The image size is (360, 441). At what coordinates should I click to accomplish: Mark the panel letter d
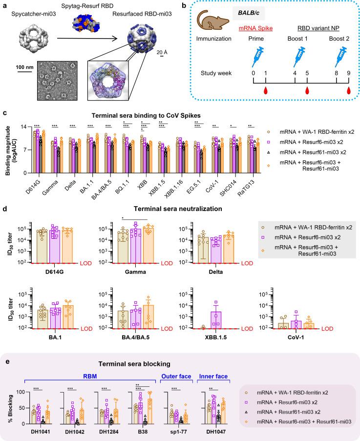point(4,193)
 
